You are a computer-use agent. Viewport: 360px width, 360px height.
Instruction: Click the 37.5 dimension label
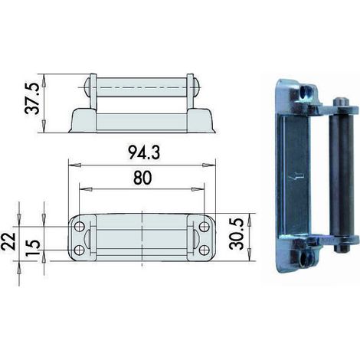[x=32, y=98]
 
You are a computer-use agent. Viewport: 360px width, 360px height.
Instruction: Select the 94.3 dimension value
[x=144, y=153]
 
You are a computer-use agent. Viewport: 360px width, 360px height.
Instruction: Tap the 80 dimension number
[x=142, y=178]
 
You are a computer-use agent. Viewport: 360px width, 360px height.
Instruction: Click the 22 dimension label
[x=8, y=241]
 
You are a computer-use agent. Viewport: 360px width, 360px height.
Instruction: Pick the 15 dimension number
[x=33, y=247]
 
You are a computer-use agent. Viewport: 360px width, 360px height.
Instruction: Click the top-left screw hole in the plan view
[x=80, y=227]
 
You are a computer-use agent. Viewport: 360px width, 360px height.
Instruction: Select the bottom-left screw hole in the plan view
[x=80, y=250]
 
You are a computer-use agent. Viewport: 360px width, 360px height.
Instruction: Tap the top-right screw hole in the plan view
[x=204, y=227]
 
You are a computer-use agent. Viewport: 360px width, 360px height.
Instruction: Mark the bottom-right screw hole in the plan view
[x=204, y=250]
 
